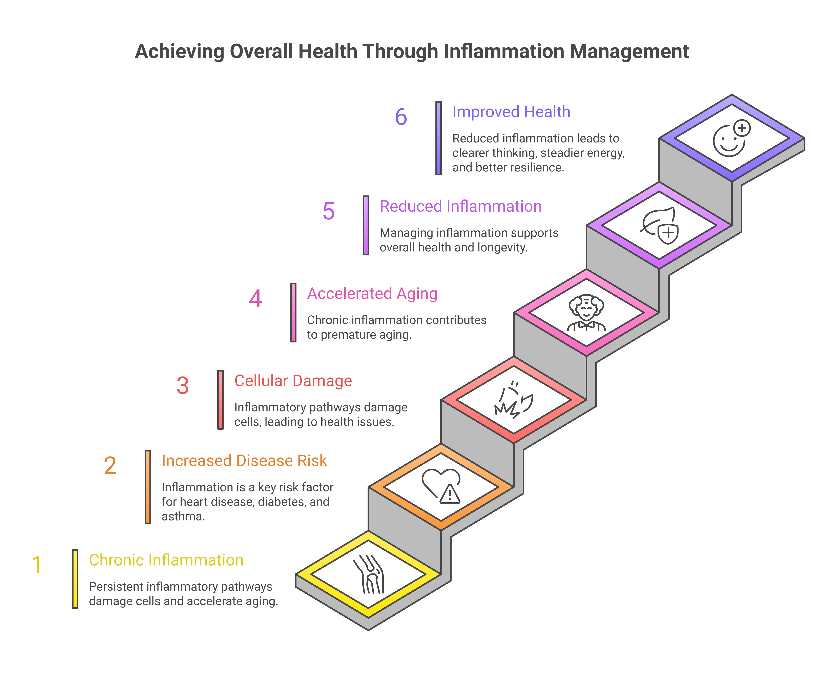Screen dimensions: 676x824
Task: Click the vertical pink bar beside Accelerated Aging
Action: pos(293,313)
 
